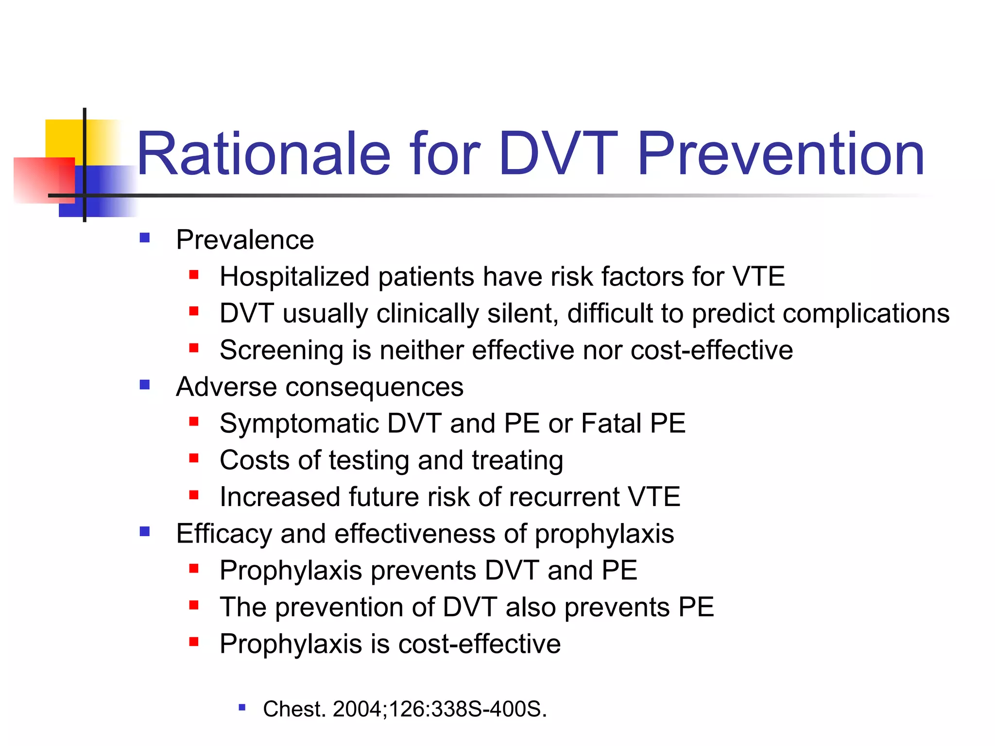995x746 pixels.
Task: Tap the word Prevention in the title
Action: pos(780,154)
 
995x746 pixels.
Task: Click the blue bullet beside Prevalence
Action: pos(144,238)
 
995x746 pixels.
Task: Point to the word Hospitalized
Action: pos(294,277)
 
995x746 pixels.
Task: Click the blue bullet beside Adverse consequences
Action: pos(144,385)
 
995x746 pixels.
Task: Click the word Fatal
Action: pos(611,424)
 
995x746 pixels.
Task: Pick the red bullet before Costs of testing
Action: pos(194,458)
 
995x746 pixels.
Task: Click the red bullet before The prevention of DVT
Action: pos(194,605)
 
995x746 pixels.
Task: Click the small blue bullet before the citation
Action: pos(242,708)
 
